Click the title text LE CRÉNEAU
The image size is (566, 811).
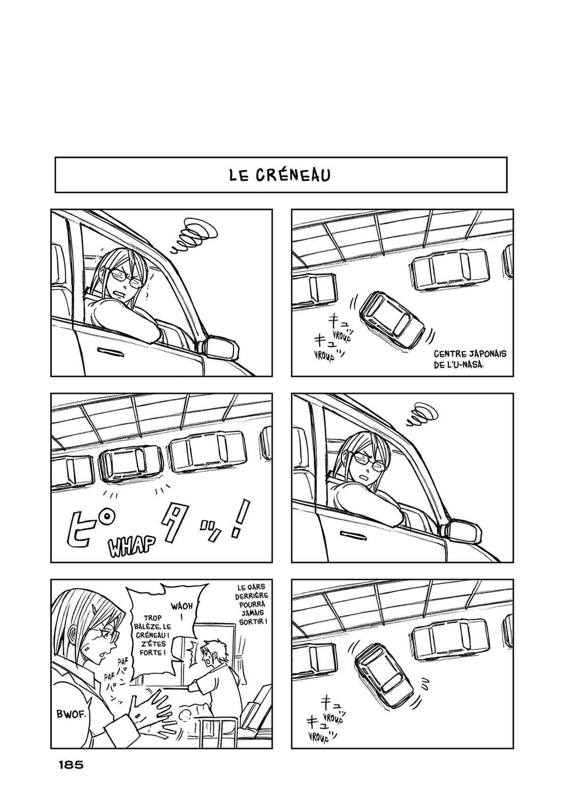tap(280, 175)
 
